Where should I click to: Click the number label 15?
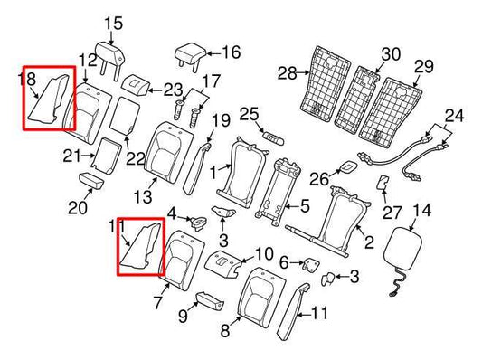click(x=112, y=23)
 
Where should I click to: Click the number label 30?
click(x=390, y=53)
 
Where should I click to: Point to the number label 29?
click(x=424, y=66)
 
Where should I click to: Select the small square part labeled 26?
click(x=349, y=168)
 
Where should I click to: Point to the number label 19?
click(x=221, y=120)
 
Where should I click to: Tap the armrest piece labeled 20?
click(x=94, y=180)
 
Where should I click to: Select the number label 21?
click(x=72, y=158)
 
